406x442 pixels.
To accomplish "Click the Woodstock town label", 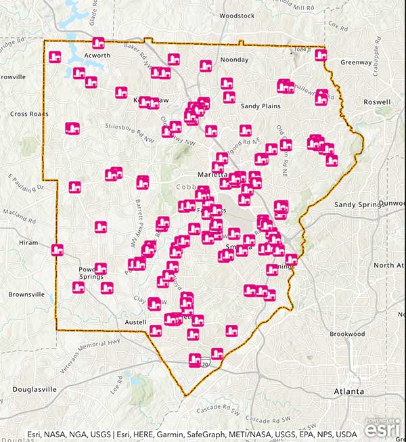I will (x=237, y=15).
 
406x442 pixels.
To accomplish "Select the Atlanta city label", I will (x=348, y=391).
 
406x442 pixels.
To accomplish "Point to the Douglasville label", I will (x=32, y=389).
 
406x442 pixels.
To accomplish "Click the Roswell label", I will (x=377, y=102).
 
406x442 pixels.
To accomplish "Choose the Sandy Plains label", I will (x=260, y=106).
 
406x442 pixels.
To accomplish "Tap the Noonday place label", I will (x=234, y=60).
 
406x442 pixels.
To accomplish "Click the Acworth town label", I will (x=97, y=56).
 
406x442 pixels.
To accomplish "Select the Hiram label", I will (x=28, y=242).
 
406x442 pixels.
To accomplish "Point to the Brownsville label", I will (x=26, y=294).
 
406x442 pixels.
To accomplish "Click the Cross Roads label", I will (x=28, y=114).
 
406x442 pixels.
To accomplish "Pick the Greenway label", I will (x=356, y=62).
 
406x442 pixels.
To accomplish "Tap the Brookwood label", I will (x=347, y=334).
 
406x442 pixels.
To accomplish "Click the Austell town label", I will (x=135, y=322).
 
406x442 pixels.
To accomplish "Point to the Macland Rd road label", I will (x=20, y=215).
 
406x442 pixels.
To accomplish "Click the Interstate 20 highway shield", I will (x=205, y=364).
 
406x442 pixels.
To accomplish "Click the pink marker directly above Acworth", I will (x=98, y=43).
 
